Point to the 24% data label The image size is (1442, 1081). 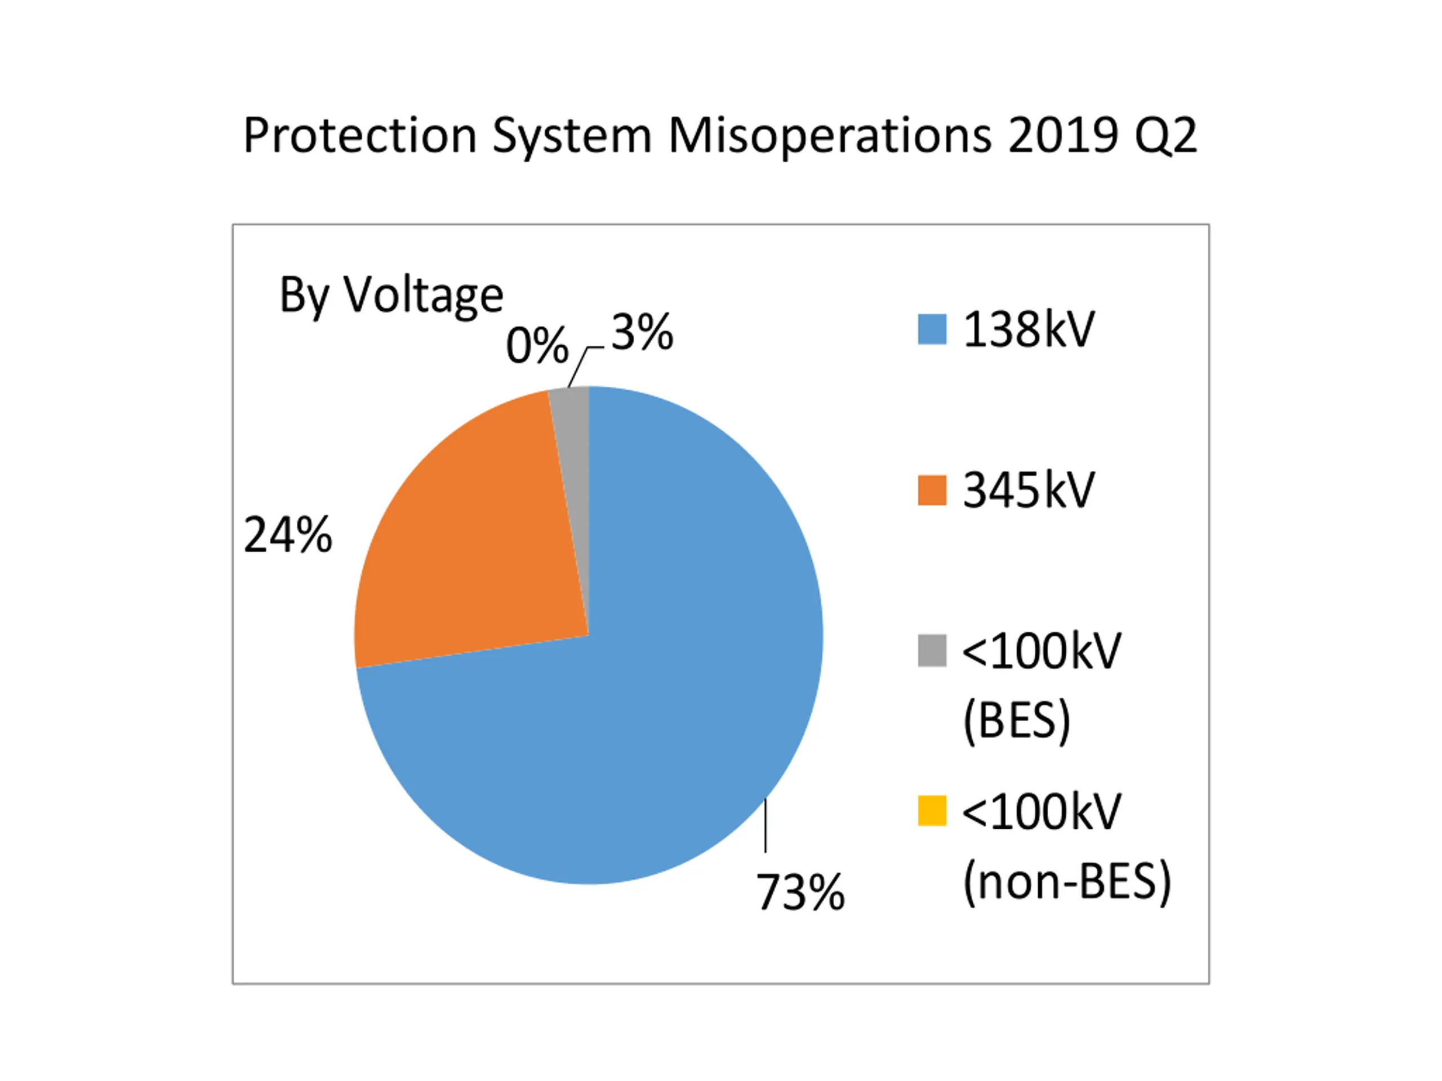[287, 535]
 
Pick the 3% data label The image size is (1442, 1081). [642, 332]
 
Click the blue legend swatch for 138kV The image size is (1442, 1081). [932, 329]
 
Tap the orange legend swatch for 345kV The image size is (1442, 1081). [932, 490]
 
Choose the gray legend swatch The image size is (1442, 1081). [932, 651]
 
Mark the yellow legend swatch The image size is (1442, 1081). [932, 811]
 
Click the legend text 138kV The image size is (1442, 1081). [1029, 329]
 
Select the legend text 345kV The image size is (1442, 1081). [1029, 490]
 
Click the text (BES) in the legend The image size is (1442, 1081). [1016, 720]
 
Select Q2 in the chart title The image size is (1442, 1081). [1165, 136]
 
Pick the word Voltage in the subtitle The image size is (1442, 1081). [423, 295]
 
